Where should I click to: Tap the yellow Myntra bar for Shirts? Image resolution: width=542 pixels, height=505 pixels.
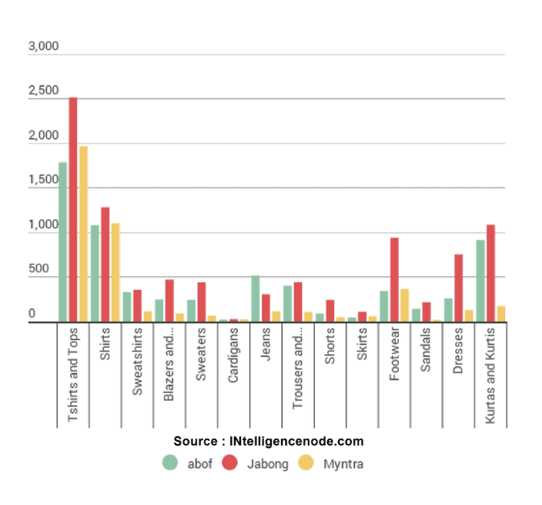point(115,273)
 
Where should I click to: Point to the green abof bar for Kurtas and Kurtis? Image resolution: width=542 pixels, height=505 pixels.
point(480,281)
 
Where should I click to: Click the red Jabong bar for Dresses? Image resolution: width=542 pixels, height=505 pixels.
point(458,288)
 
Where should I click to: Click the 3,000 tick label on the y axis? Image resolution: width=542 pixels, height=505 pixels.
point(43,47)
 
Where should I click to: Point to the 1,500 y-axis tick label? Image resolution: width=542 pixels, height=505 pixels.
point(43,181)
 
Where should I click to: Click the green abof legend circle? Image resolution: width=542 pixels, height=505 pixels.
point(170,463)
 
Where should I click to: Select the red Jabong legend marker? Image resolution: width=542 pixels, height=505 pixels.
point(229,463)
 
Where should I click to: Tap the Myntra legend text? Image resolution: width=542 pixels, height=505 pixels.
point(343,464)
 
